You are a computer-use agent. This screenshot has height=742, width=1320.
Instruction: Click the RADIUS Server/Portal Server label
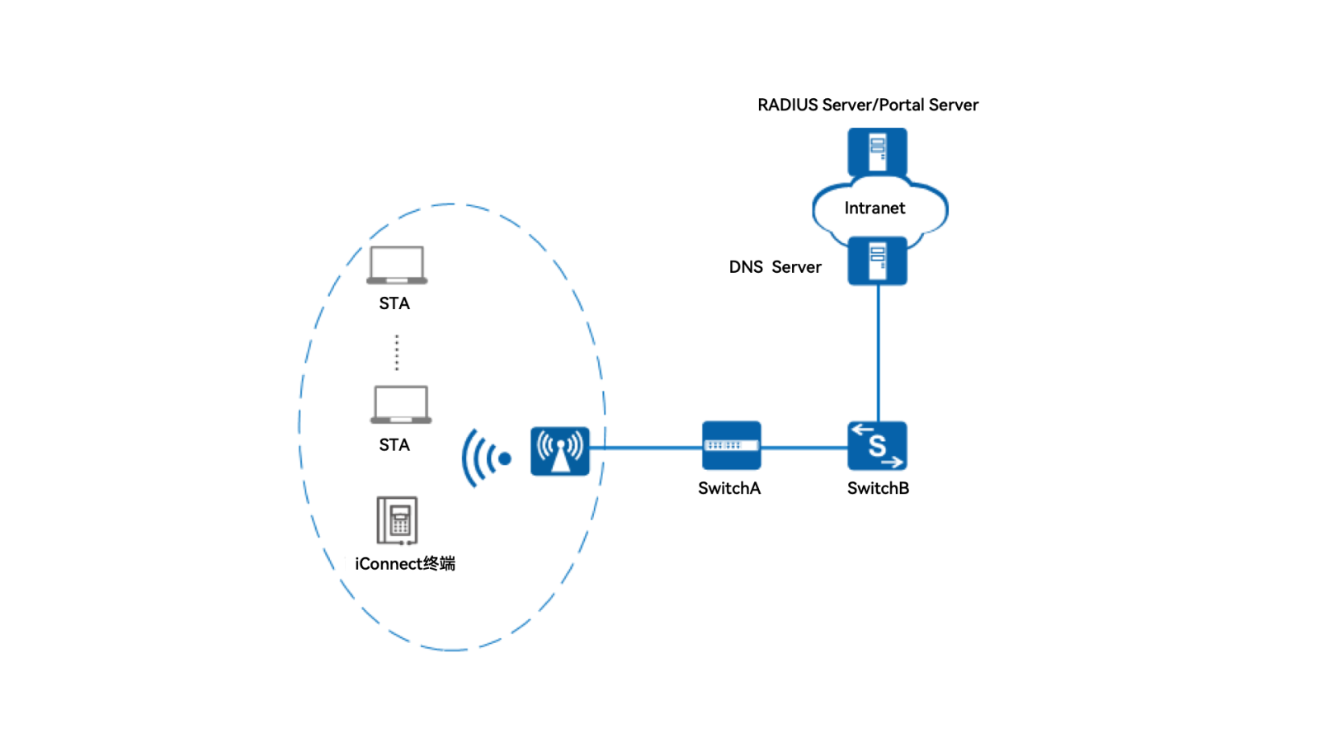pos(868,105)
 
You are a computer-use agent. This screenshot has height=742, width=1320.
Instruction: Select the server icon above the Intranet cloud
pos(877,152)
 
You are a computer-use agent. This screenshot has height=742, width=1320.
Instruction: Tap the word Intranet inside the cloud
pos(874,208)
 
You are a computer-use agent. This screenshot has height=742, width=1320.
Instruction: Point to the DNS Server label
pos(775,267)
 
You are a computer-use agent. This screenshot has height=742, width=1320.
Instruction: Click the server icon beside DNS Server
pos(877,261)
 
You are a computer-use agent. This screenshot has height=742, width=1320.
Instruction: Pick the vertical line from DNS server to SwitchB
pos(878,355)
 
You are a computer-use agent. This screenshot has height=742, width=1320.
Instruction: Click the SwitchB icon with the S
pos(877,446)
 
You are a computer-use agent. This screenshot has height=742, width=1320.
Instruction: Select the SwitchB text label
pos(878,488)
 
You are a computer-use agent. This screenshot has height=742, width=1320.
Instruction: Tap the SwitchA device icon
pos(731,446)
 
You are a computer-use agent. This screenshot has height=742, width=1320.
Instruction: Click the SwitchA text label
pos(729,488)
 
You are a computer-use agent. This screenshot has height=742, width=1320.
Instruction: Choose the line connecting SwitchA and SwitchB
pos(804,448)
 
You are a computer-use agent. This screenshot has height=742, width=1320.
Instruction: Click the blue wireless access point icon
pos(560,451)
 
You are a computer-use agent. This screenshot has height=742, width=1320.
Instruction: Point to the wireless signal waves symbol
pos(486,458)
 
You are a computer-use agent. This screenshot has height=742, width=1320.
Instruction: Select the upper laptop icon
pos(397,265)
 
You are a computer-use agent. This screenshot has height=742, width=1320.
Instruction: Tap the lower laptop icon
pos(401,405)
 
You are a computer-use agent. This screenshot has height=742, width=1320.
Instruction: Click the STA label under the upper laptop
pos(394,303)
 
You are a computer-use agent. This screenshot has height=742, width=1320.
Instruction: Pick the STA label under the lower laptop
pos(394,445)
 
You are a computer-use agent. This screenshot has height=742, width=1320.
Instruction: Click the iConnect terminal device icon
pos(397,520)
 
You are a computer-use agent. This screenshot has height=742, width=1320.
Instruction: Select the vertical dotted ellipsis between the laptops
pos(397,352)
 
